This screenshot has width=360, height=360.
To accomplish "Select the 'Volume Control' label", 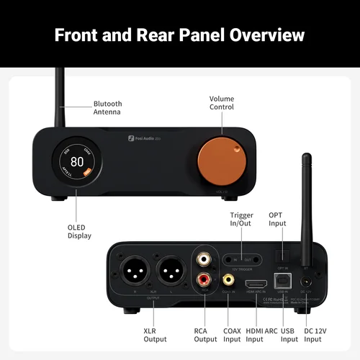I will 221,104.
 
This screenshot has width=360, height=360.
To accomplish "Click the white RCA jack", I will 203,257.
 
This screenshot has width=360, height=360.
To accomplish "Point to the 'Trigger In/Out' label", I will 241,220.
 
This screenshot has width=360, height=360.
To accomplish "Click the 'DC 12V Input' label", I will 315,334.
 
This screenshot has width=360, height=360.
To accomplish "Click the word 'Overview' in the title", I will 257,35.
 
